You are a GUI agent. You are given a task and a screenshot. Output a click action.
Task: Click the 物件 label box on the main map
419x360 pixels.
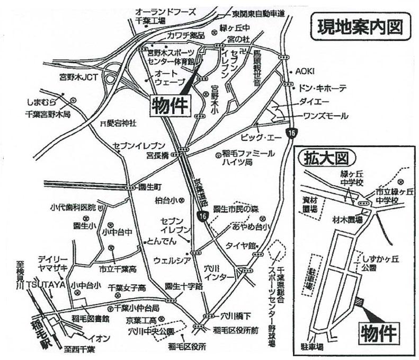171,104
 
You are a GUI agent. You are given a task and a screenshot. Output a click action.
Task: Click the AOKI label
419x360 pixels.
305,71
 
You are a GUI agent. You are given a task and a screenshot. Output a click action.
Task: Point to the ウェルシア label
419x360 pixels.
168,260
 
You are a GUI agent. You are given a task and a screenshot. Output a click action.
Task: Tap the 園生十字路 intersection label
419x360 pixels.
184,285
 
